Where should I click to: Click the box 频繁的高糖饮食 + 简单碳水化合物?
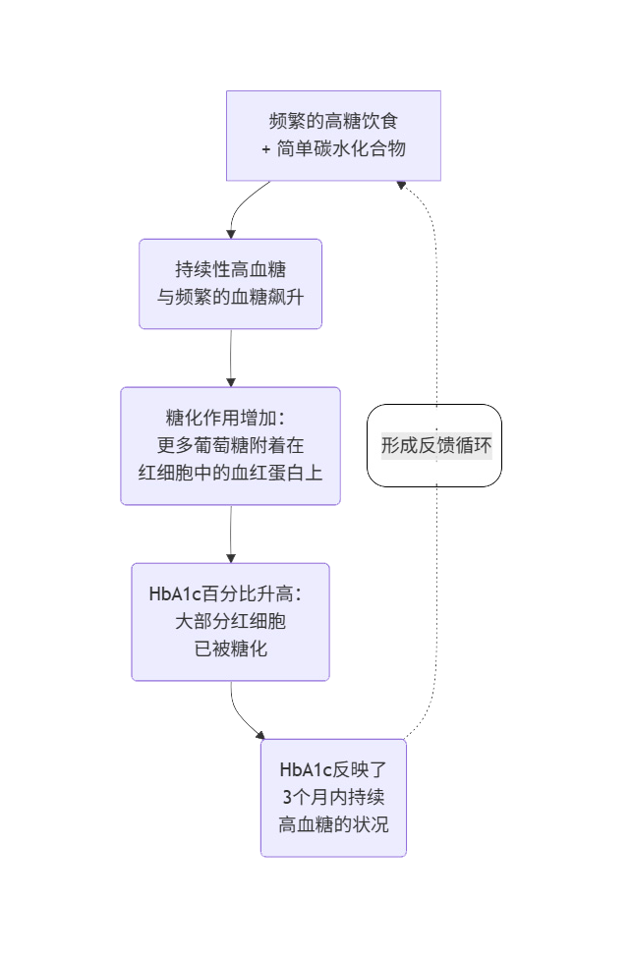333,136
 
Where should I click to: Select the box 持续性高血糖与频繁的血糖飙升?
230,283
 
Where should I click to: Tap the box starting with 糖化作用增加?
230,446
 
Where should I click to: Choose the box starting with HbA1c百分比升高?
230,621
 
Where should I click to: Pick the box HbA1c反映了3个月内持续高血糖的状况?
333,797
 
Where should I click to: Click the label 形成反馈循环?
435,445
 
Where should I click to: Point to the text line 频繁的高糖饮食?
333,123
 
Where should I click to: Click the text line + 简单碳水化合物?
333,149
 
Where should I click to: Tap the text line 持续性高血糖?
230,270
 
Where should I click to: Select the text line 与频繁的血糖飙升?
230,296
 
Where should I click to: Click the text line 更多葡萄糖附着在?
230,445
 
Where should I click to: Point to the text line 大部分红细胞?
230,622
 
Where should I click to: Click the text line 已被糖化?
230,649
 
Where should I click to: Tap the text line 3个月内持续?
333,797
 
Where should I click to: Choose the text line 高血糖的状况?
333,823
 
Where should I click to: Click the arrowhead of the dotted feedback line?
400,185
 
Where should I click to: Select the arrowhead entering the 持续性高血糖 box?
230,234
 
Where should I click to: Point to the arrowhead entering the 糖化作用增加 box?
230,381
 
